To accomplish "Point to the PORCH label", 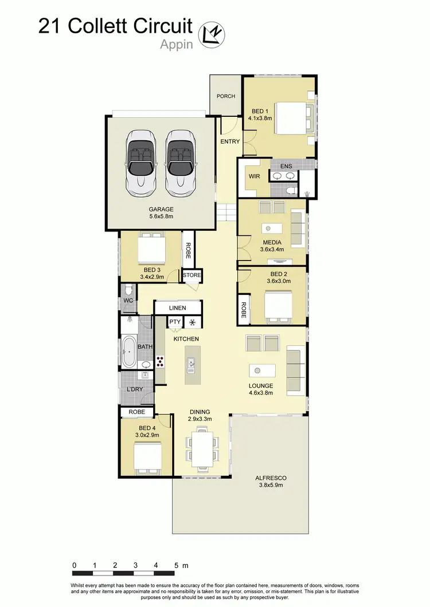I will pyautogui.click(x=226, y=96).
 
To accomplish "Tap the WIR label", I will pyautogui.click(x=255, y=176).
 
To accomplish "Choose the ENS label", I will pyautogui.click(x=286, y=166).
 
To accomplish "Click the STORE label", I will pyautogui.click(x=192, y=275).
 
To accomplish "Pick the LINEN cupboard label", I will pyautogui.click(x=177, y=309).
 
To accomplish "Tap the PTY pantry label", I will pyautogui.click(x=175, y=322).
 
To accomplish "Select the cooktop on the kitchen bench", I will pyautogui.click(x=160, y=361).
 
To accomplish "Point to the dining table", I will pyautogui.click(x=202, y=447).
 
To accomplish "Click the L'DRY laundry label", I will pyautogui.click(x=135, y=390).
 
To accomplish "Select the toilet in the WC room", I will pyautogui.click(x=129, y=289).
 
